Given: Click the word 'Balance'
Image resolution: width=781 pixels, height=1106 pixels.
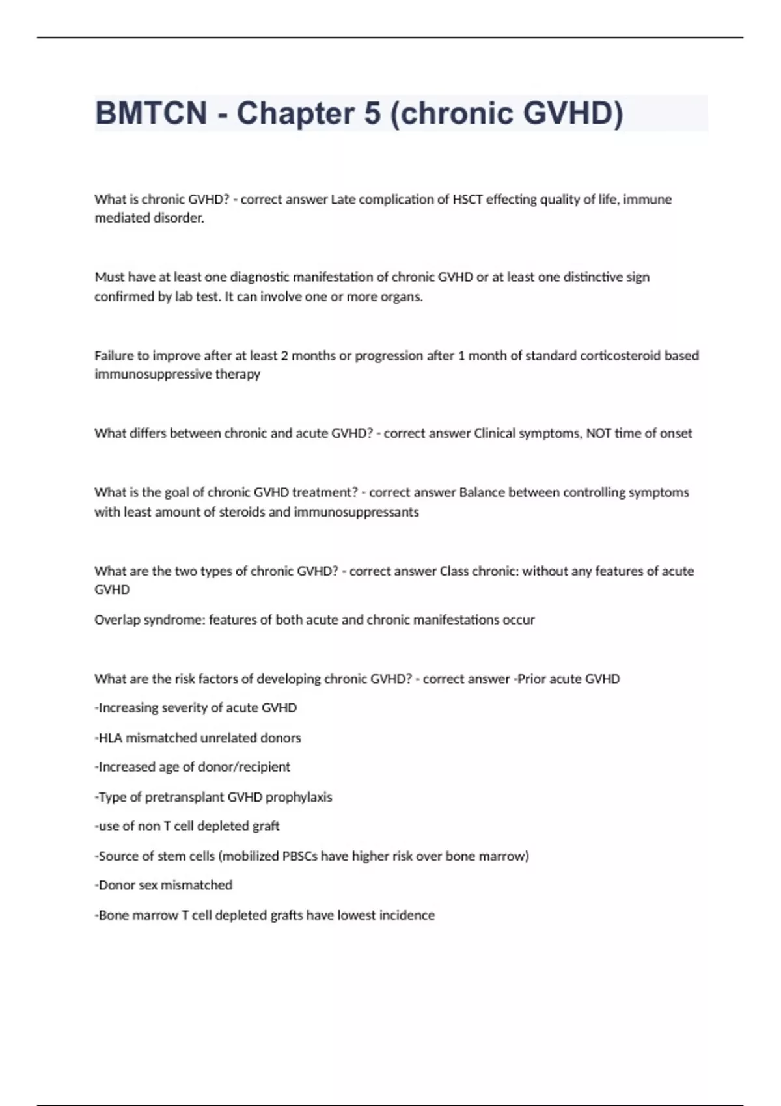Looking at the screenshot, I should click(x=482, y=492).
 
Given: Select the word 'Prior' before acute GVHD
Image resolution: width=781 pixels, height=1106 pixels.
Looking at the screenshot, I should click(x=532, y=679).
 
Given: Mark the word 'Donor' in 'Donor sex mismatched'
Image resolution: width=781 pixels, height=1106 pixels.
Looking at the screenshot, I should click(x=115, y=885).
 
